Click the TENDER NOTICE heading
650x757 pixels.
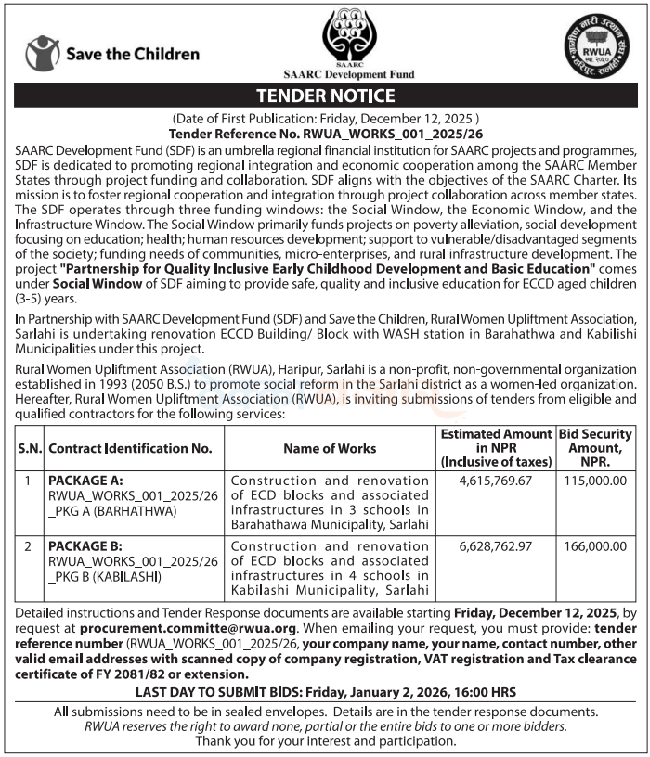pyautogui.click(x=325, y=96)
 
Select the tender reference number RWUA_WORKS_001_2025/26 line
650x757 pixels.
pyautogui.click(x=325, y=133)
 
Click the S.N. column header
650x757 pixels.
pyautogui.click(x=28, y=448)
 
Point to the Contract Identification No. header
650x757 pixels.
pyautogui.click(x=131, y=448)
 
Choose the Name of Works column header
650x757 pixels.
pyautogui.click(x=331, y=448)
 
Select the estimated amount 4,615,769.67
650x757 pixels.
pyautogui.click(x=496, y=481)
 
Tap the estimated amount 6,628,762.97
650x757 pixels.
pyautogui.click(x=496, y=545)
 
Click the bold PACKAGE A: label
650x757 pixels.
pyautogui.click(x=85, y=481)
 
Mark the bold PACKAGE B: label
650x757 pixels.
pyautogui.click(x=85, y=545)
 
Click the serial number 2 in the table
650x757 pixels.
pyautogui.click(x=28, y=545)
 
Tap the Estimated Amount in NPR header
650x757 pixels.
pyautogui.click(x=496, y=448)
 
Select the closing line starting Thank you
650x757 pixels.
pyautogui.click(x=325, y=741)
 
